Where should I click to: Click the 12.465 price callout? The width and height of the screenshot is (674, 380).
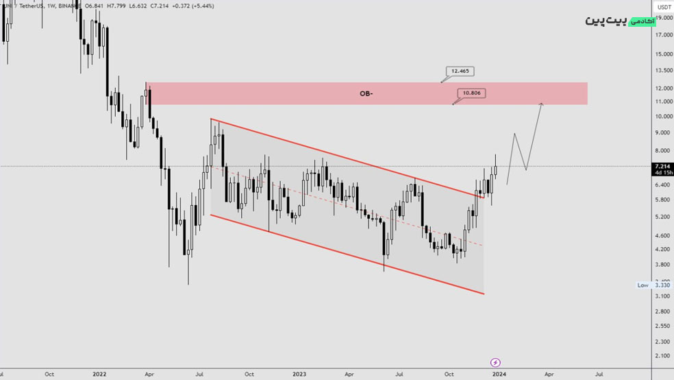(460, 71)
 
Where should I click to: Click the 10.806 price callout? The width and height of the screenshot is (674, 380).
(471, 93)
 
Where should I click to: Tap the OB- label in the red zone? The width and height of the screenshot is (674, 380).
(366, 93)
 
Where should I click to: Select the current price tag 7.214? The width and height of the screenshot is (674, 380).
(662, 167)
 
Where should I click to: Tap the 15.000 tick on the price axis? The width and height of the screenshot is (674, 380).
(662, 54)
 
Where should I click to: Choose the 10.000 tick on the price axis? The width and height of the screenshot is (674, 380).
(662, 116)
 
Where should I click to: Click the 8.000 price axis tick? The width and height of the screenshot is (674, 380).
(662, 151)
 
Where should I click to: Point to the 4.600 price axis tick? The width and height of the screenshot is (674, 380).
(662, 236)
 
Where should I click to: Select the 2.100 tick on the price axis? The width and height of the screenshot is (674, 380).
(662, 356)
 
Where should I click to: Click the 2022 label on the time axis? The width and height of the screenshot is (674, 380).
(99, 375)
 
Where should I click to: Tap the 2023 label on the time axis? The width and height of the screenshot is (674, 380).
(299, 375)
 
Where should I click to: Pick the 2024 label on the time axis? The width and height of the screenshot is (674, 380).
(499, 375)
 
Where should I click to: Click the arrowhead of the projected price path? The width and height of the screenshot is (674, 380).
(541, 104)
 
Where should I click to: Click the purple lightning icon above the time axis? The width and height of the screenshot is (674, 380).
(496, 362)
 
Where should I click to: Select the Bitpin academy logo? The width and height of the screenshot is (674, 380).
(620, 21)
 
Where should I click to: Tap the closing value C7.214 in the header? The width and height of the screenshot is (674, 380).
(160, 5)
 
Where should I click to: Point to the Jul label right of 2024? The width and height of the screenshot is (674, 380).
(599, 375)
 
